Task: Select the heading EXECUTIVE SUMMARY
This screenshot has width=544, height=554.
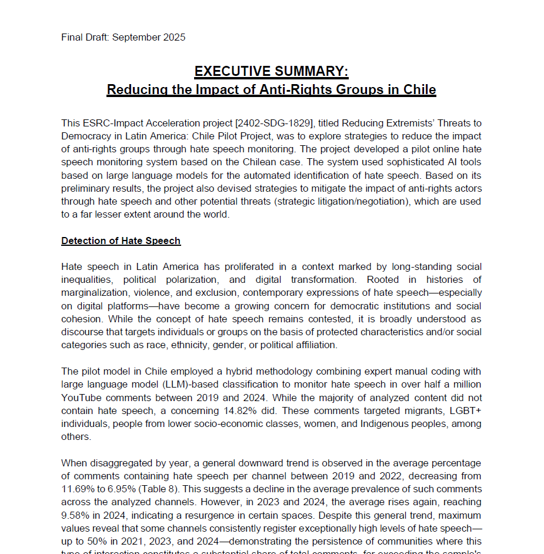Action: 271,72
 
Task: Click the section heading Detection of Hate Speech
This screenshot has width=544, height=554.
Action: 121,241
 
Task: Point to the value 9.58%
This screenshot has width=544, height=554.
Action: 76,515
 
